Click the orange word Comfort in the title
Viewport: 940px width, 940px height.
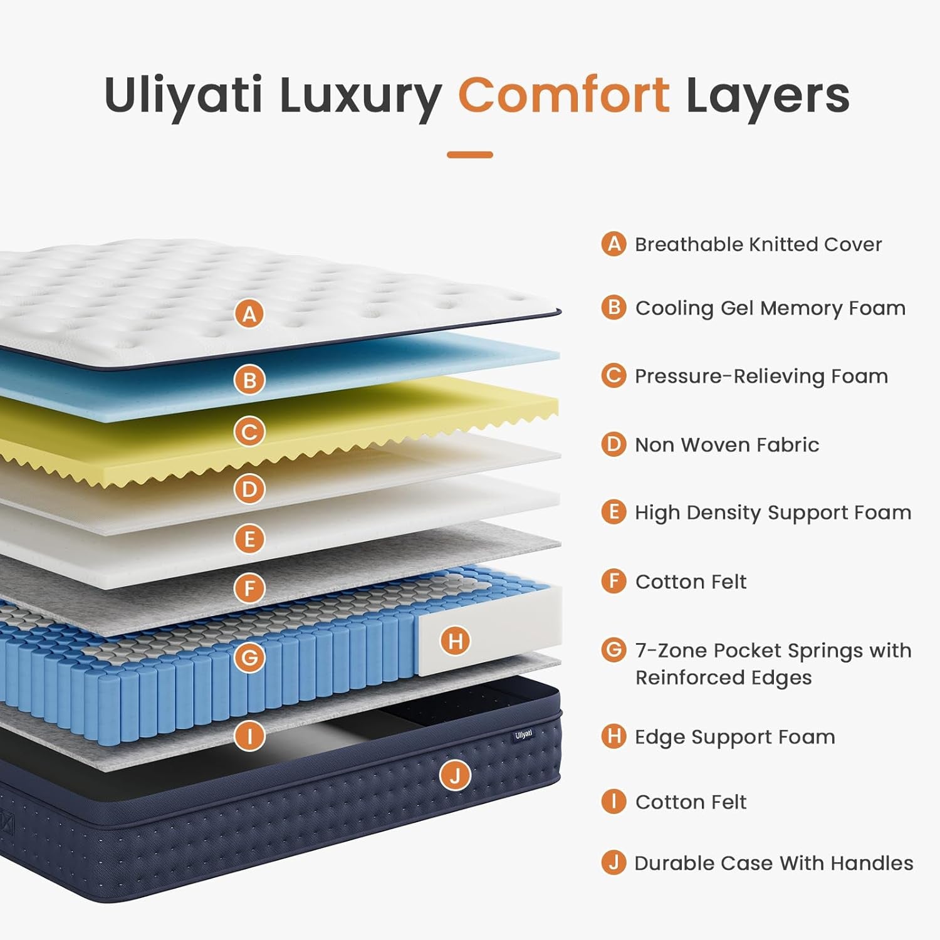pyautogui.click(x=563, y=95)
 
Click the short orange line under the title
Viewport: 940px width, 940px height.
pyautogui.click(x=470, y=154)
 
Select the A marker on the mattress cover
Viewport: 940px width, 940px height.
pyautogui.click(x=249, y=313)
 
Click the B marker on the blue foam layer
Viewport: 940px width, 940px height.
pyautogui.click(x=249, y=380)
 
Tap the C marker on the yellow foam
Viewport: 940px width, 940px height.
pyautogui.click(x=249, y=432)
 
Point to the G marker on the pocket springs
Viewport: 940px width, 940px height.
pyautogui.click(x=249, y=657)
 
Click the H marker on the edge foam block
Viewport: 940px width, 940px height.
pyautogui.click(x=456, y=640)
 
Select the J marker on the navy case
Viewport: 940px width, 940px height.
pyautogui.click(x=455, y=776)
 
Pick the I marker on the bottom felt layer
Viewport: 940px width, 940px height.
pyautogui.click(x=249, y=735)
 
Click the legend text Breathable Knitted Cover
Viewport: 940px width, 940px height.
pyautogui.click(x=758, y=244)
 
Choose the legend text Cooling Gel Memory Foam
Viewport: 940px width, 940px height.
pyautogui.click(x=770, y=308)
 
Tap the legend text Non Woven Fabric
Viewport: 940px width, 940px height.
pyautogui.click(x=727, y=444)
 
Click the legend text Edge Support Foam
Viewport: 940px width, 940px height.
pyautogui.click(x=734, y=736)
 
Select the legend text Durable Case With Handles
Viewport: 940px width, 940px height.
pyautogui.click(x=774, y=863)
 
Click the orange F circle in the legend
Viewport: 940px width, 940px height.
pyautogui.click(x=614, y=581)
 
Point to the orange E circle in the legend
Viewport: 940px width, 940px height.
pyautogui.click(x=614, y=512)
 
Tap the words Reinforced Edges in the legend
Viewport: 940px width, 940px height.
pyautogui.click(x=723, y=677)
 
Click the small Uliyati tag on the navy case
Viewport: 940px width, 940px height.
pyautogui.click(x=523, y=734)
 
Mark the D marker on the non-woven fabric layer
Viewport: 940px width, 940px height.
pyautogui.click(x=249, y=489)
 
